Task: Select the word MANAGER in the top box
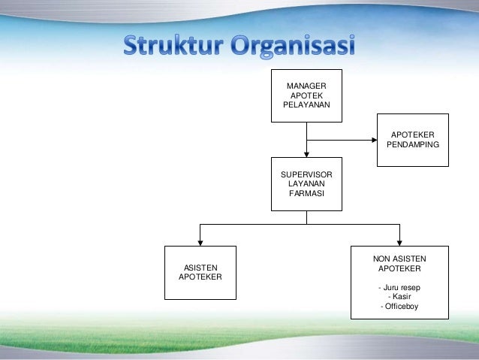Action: (306, 87)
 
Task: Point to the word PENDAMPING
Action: (413, 144)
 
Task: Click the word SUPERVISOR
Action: (306, 174)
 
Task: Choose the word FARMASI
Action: (306, 195)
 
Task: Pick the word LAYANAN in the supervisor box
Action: (306, 185)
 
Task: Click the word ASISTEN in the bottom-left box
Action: (200, 268)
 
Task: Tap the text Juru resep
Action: (399, 287)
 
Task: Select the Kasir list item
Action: (399, 297)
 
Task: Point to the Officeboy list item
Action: (399, 307)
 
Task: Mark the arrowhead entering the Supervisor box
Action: (306, 153)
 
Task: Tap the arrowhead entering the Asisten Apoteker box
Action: (200, 241)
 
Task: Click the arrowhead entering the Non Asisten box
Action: (399, 241)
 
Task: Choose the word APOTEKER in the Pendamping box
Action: (413, 134)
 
